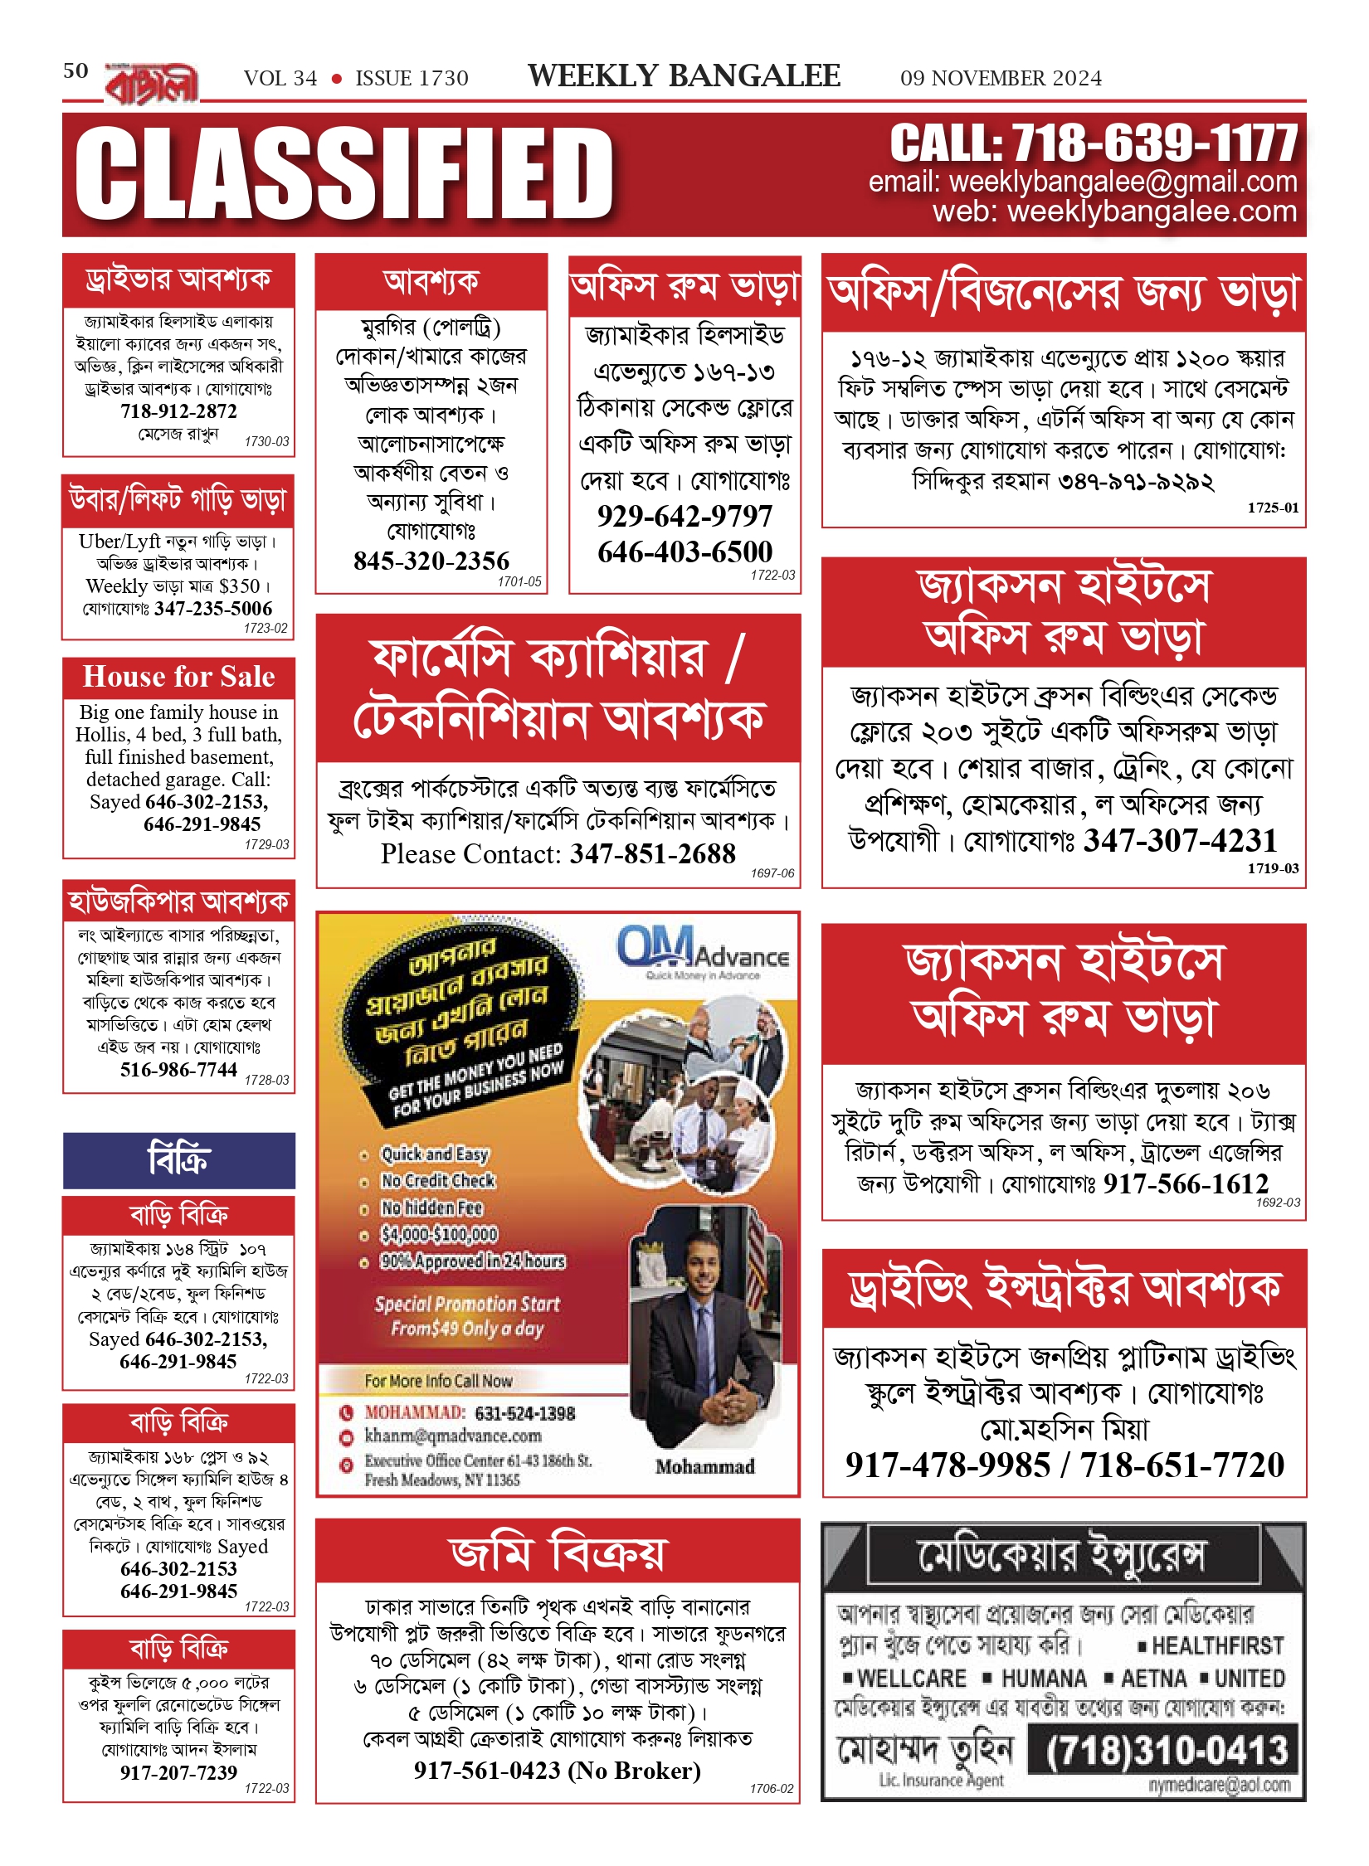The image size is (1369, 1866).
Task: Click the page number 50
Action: coord(76,70)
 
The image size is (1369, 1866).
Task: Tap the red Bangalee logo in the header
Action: coord(152,83)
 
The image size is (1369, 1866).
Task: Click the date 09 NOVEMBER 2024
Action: coord(1001,78)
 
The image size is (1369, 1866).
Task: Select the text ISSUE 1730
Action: coord(412,78)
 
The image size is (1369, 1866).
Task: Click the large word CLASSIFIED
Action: coord(344,174)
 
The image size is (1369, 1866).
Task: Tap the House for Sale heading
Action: coord(178,677)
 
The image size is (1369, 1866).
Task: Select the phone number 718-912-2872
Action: coord(178,411)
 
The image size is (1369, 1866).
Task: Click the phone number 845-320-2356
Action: coord(431,561)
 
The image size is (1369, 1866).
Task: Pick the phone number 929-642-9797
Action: coord(684,516)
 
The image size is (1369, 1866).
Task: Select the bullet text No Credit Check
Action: coord(437,1180)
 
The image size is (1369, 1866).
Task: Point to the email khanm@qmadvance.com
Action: coord(453,1436)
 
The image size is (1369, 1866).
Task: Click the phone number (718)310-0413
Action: coord(1166,1750)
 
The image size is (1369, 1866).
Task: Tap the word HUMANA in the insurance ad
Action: coord(1044,1679)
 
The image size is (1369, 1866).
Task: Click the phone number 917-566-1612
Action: coord(1186,1183)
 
